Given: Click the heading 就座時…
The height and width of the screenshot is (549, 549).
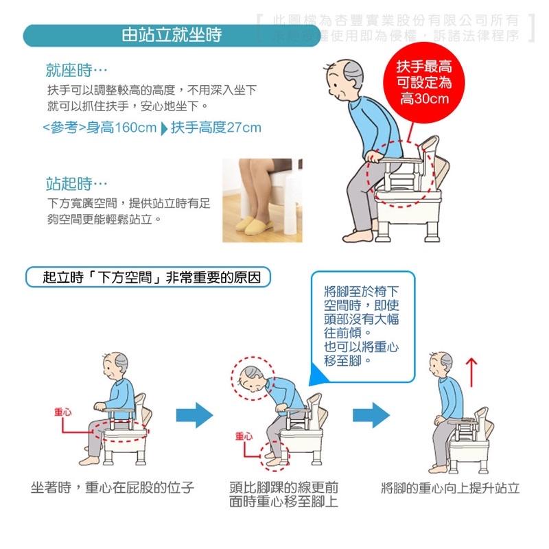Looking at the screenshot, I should [x=76, y=70].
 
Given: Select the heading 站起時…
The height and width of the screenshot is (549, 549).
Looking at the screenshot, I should [x=76, y=183].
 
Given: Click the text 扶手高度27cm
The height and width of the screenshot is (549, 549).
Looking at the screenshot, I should [x=216, y=128].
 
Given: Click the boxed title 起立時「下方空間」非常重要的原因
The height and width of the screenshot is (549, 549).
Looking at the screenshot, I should [x=148, y=277].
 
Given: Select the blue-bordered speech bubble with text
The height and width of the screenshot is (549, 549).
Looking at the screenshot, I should [x=362, y=327].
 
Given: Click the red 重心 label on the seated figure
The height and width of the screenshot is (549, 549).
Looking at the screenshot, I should [x=62, y=411].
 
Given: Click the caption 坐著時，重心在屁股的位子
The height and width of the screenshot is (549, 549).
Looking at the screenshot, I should [x=113, y=488].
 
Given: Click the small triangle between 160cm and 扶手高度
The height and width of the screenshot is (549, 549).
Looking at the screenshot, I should [x=163, y=128].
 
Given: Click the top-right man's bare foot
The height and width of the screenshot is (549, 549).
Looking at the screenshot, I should [x=358, y=235].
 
